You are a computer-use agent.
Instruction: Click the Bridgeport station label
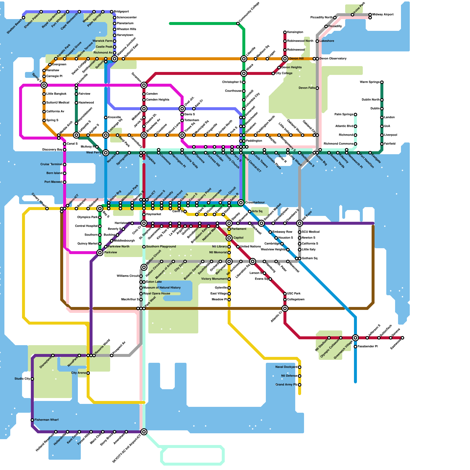[x=121, y=12]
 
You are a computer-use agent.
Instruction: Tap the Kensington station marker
[x=285, y=32]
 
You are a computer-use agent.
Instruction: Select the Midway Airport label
[x=383, y=15]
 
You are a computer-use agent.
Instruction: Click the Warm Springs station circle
[x=382, y=82]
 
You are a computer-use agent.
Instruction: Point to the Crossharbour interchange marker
[x=241, y=203]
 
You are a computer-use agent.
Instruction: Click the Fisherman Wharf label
[x=46, y=420]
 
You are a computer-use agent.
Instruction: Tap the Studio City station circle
[x=32, y=379]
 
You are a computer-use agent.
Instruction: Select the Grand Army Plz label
[x=286, y=385]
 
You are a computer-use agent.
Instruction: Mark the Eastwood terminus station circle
[x=402, y=338]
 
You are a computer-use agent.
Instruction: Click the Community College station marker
[x=238, y=23]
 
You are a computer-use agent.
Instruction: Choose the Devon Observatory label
[x=333, y=59]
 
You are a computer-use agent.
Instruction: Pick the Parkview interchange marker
[x=100, y=253]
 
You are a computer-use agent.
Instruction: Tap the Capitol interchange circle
[x=229, y=238]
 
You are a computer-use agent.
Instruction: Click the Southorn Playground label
[x=161, y=247]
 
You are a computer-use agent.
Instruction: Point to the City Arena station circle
[x=88, y=373]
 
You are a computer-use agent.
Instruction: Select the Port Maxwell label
[x=53, y=182]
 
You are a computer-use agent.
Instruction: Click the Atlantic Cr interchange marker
[x=285, y=308]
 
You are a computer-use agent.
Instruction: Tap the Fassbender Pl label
[x=367, y=347]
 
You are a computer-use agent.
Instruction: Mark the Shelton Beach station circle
[x=23, y=18]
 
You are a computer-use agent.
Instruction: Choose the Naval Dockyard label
[x=286, y=367]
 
